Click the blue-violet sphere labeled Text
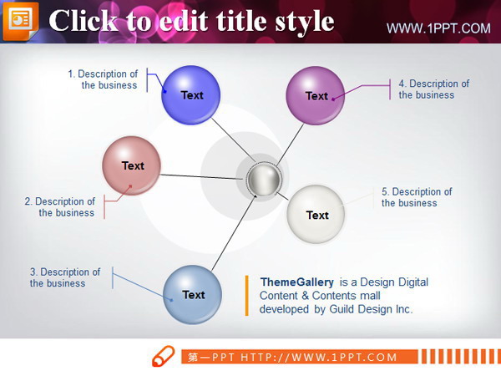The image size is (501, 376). [x=190, y=95]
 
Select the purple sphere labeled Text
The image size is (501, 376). [x=316, y=95]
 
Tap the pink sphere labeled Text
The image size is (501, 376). [x=131, y=165]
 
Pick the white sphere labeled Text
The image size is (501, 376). [x=316, y=214]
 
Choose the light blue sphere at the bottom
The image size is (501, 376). [x=192, y=294]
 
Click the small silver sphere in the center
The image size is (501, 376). [x=264, y=179]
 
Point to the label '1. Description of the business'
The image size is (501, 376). [x=103, y=79]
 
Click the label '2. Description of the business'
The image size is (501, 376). [x=60, y=207]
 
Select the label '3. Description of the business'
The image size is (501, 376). [x=65, y=277]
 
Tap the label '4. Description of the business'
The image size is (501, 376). [x=434, y=89]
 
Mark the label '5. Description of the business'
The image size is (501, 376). [x=417, y=197]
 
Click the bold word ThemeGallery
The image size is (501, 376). [x=296, y=282]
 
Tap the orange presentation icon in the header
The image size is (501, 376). [x=20, y=21]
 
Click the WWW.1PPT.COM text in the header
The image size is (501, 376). [x=438, y=28]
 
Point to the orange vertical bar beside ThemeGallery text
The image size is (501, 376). [x=246, y=296]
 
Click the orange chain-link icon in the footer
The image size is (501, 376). [x=164, y=356]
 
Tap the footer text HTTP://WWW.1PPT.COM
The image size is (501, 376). [x=319, y=357]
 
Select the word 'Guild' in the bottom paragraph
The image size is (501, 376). [x=342, y=309]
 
